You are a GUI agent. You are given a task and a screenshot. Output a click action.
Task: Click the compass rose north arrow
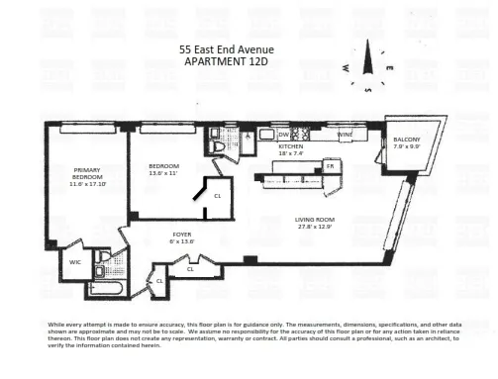[x=365, y=60]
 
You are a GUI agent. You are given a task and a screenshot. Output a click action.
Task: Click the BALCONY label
[x=406, y=140]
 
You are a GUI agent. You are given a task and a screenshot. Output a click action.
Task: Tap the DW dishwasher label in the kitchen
[x=282, y=135]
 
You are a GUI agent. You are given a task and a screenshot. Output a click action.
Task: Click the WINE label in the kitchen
[x=346, y=135]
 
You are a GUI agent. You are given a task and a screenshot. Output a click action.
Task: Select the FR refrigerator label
[x=331, y=168]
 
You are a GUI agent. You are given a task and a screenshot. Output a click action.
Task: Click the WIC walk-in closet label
[x=74, y=262]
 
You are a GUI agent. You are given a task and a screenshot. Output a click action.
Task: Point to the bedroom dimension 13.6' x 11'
[x=163, y=172]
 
